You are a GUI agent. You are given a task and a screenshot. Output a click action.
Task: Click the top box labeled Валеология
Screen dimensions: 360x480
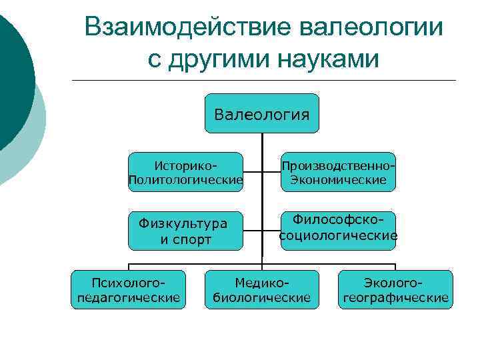tap(262, 114)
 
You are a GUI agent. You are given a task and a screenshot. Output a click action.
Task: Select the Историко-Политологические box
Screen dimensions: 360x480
tap(185, 172)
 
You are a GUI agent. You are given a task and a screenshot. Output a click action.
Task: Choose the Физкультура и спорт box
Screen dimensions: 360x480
tap(185, 231)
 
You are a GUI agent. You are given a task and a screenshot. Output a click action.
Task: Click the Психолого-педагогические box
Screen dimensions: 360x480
tap(129, 289)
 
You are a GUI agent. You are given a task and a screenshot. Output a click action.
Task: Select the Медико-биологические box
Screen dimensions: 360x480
tap(262, 289)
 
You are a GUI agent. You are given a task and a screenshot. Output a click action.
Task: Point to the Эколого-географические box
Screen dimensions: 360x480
tap(395, 289)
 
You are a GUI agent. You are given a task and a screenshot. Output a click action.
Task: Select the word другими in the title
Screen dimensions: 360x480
tap(215, 59)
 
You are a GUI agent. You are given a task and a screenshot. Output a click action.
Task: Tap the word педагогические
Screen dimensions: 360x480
tap(129, 297)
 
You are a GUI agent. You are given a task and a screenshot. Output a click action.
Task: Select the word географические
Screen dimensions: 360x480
tap(395, 297)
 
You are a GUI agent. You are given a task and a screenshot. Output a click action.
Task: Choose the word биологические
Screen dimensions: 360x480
tap(262, 297)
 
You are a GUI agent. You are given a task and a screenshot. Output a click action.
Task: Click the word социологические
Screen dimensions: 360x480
tap(338, 236)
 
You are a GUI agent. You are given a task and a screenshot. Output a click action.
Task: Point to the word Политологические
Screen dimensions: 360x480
tap(185, 180)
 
